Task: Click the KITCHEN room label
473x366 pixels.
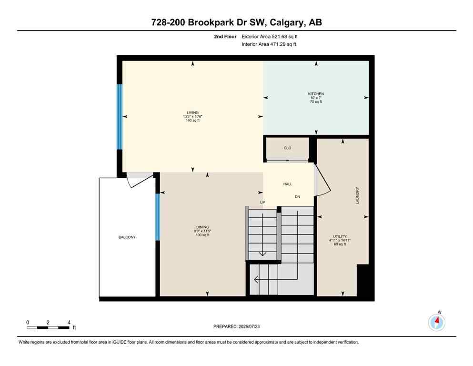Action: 316,94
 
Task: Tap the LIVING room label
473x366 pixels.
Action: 192,112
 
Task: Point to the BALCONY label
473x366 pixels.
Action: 127,237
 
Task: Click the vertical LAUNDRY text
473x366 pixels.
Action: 357,195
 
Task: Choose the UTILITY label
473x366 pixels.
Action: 339,236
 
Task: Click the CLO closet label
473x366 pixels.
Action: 288,148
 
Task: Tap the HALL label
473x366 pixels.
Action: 288,184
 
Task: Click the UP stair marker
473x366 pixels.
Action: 262,202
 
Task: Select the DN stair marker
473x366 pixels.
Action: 298,197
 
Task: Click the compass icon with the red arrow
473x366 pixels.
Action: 436,322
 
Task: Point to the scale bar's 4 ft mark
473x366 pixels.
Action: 69,323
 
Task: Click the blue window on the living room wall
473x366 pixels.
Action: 120,117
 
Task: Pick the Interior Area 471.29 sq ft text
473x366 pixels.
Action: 269,44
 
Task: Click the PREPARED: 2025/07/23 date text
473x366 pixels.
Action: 236,326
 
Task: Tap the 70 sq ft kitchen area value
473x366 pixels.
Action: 316,102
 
